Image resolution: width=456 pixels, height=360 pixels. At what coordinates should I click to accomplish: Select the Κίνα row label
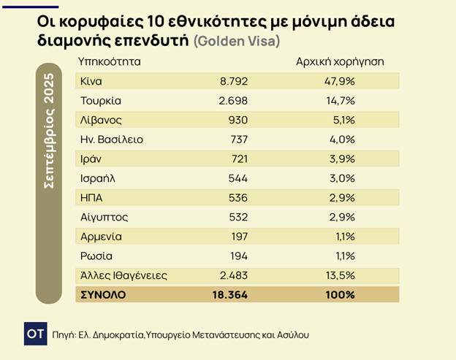(90, 81)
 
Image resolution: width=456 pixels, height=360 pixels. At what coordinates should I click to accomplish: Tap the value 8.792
(233, 81)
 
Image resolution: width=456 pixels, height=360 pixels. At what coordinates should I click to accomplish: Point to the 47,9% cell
(340, 81)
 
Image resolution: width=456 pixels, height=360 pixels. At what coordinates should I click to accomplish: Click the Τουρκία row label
(100, 100)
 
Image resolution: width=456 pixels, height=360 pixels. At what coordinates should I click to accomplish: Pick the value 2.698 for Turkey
(233, 100)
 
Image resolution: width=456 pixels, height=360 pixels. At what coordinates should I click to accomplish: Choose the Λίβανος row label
(102, 120)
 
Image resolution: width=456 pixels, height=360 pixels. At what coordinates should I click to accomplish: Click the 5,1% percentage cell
(342, 120)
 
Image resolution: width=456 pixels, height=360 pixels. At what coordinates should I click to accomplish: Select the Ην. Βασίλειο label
(111, 139)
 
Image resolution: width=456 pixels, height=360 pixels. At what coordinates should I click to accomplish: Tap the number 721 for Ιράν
(238, 158)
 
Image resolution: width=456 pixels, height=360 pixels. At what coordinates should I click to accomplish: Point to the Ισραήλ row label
(99, 178)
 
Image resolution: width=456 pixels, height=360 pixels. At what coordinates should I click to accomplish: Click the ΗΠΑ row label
(93, 198)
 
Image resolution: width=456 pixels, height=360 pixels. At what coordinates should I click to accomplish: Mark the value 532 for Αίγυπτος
(237, 217)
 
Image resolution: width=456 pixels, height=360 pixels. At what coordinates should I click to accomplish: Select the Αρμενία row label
(101, 237)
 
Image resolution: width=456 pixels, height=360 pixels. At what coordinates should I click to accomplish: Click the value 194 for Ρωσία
(238, 256)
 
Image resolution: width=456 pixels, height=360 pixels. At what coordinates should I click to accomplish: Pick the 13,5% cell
(339, 275)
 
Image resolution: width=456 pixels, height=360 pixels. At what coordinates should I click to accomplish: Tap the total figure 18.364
(229, 294)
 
